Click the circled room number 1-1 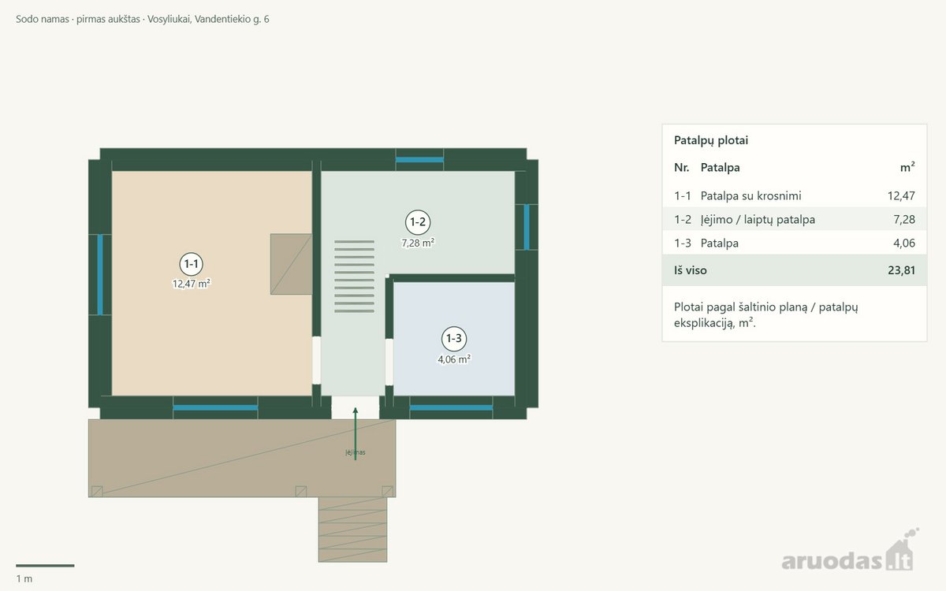pos(192,264)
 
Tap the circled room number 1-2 pos(418,222)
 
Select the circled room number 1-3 pos(454,339)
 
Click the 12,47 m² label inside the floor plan pos(192,284)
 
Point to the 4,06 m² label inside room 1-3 pos(454,359)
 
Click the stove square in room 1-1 pos(291,264)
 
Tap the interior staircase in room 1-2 pos(354,277)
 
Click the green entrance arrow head pos(356,411)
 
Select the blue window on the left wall pos(100,275)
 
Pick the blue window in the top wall pos(419,159)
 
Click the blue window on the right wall pos(527,227)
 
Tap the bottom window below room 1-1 pos(215,408)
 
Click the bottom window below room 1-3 pos(451,408)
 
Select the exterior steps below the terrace pos(352,530)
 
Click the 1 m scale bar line pos(45,566)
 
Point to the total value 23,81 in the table pos(901,270)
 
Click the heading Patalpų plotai pos(711,140)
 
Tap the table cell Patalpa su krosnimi pos(750,196)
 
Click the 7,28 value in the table pos(904,220)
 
